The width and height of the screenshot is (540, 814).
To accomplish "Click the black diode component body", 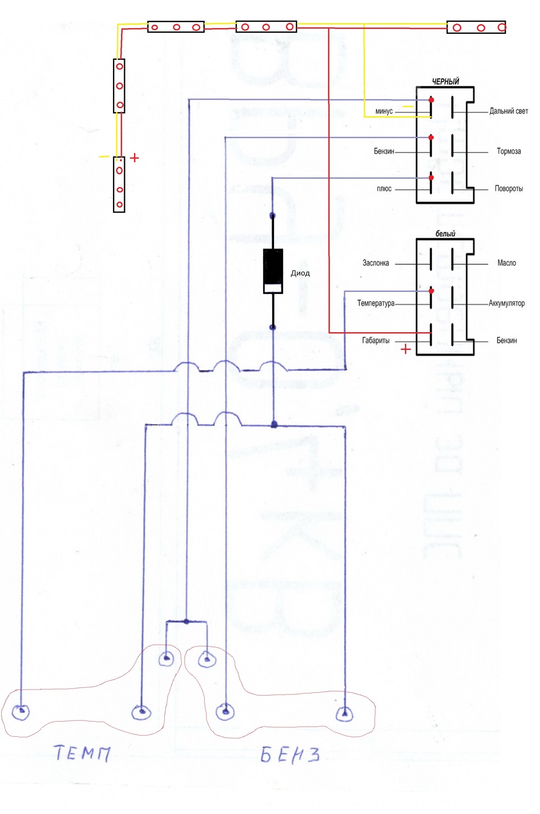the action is (x=273, y=271).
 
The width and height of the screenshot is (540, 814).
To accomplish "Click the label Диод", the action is (x=300, y=273).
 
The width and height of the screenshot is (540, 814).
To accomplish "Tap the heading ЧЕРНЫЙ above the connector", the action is (x=445, y=81).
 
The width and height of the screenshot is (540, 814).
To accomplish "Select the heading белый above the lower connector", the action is (x=445, y=234).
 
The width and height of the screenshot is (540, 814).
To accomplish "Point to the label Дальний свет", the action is (x=508, y=111).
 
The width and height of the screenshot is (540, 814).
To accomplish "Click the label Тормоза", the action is (x=508, y=151).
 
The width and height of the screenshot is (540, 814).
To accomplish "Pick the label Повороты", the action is (x=508, y=188).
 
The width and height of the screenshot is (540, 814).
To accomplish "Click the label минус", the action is (x=384, y=111).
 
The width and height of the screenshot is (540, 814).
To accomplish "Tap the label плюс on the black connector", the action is (x=384, y=189).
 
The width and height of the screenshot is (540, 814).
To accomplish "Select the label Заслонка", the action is (x=376, y=263).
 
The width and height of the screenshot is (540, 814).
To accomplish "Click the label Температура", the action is (x=376, y=303).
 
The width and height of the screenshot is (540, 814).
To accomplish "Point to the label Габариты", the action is (x=376, y=340).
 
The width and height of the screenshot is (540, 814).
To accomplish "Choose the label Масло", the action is (x=507, y=263).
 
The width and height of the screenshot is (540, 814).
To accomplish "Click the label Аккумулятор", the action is (x=507, y=303).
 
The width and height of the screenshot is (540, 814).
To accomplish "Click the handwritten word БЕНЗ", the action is (x=290, y=754).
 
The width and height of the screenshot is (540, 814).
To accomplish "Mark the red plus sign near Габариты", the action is (x=406, y=349).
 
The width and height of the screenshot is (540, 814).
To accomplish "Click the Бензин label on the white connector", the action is (x=507, y=340).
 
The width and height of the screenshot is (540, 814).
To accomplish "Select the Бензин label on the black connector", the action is (x=384, y=151).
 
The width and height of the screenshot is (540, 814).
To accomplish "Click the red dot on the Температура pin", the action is (x=431, y=291).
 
